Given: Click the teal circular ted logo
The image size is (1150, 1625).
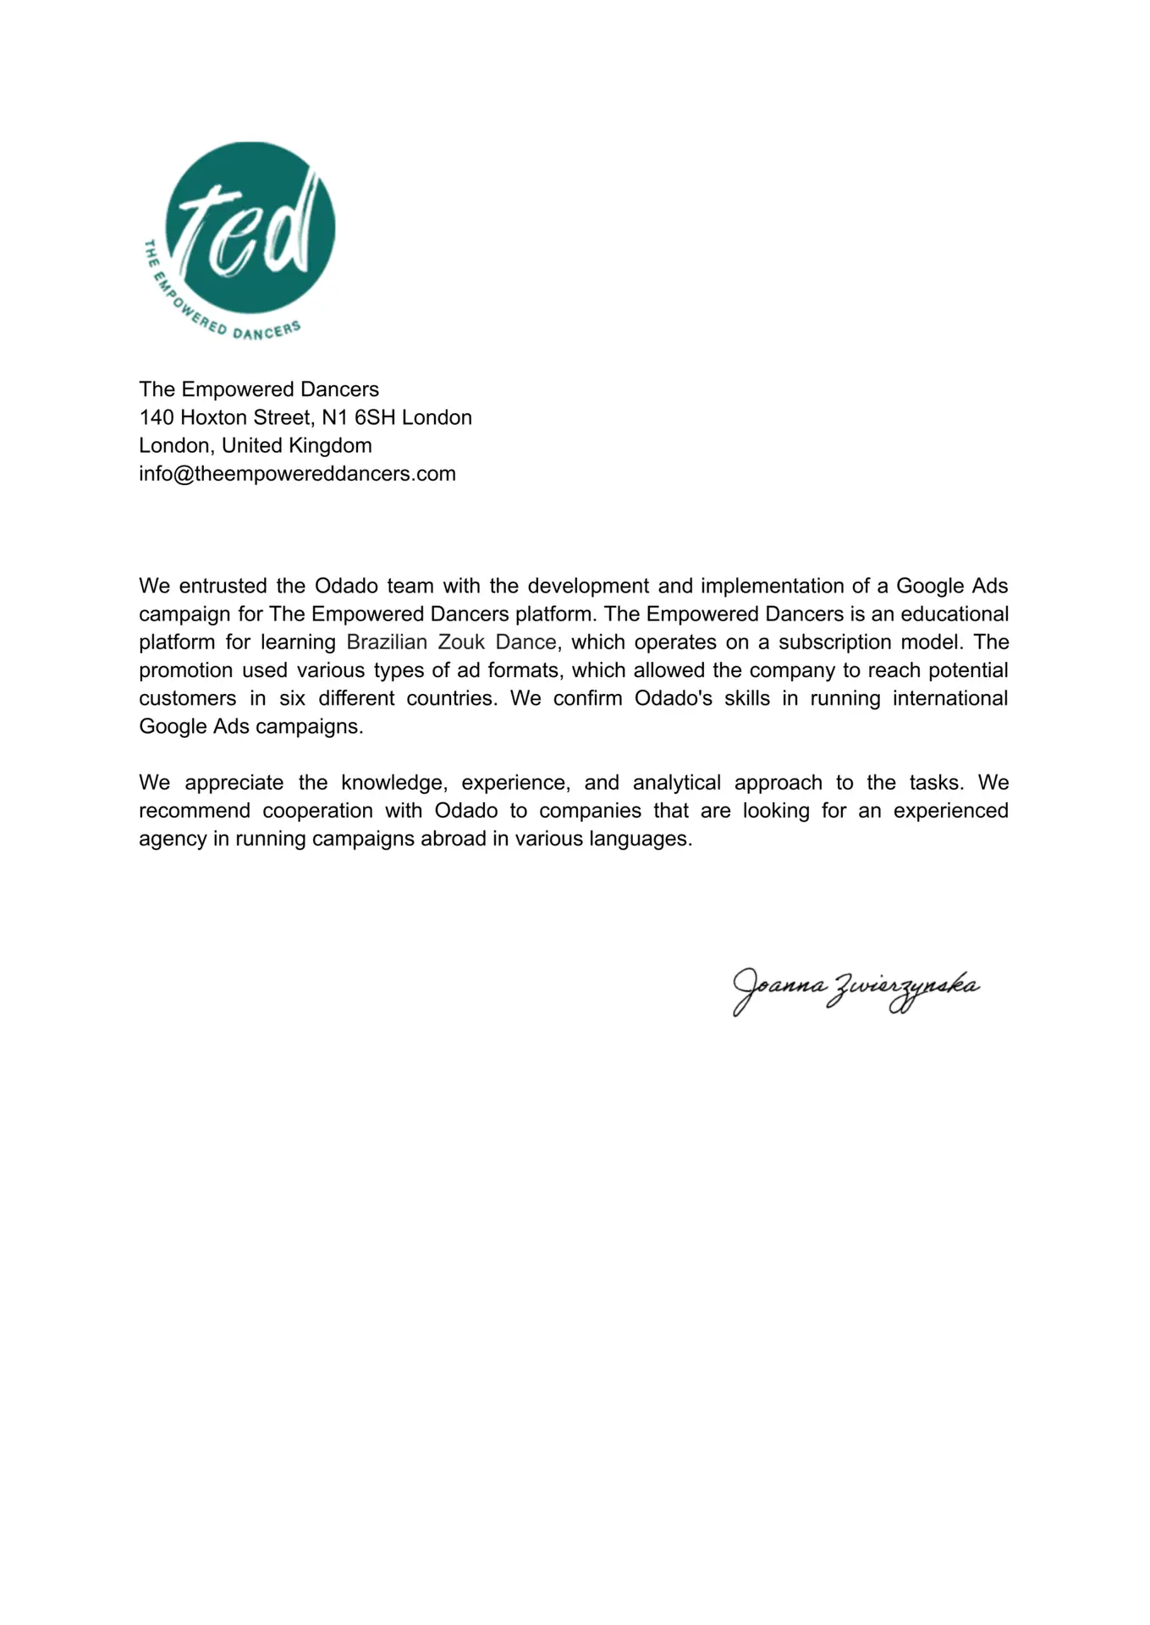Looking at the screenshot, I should (x=250, y=227).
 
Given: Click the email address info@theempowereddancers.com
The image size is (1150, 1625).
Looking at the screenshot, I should (x=297, y=474).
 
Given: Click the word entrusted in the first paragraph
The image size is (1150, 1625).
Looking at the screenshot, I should (x=223, y=587).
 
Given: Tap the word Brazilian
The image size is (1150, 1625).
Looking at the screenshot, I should (x=387, y=642).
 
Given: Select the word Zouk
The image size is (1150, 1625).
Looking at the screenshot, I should (x=461, y=642).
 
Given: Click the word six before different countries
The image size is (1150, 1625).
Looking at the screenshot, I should (x=292, y=699).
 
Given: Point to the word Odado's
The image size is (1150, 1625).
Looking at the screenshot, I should (x=674, y=699).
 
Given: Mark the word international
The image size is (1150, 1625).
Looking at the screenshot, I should (x=950, y=699).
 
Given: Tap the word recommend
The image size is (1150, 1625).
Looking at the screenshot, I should (x=195, y=811).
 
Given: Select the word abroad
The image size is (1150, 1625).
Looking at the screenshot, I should (x=448, y=839).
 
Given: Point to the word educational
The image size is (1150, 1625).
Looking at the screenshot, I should (x=955, y=614).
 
